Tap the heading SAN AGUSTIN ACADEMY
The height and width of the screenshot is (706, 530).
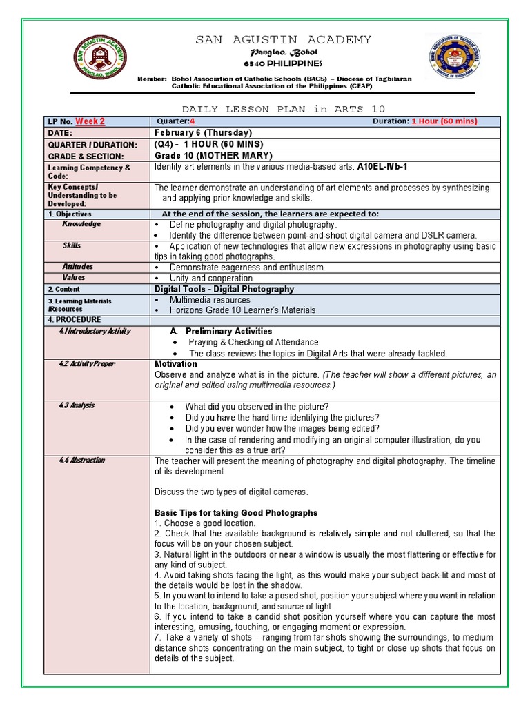[283, 40]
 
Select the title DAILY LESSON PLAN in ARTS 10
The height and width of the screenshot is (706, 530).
[283, 110]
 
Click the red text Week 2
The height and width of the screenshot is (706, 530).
[90, 122]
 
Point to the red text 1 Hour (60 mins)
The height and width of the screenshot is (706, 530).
[444, 122]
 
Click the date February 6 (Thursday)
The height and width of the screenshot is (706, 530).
[203, 133]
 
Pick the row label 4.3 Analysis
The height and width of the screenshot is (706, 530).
[77, 405]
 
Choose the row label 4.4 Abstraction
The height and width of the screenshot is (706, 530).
[81, 460]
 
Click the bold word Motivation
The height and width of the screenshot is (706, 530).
[175, 364]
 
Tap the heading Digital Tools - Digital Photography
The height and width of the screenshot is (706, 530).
[224, 290]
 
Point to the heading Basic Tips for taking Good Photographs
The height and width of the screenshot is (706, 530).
[236, 513]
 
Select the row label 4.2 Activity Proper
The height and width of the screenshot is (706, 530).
[86, 364]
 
